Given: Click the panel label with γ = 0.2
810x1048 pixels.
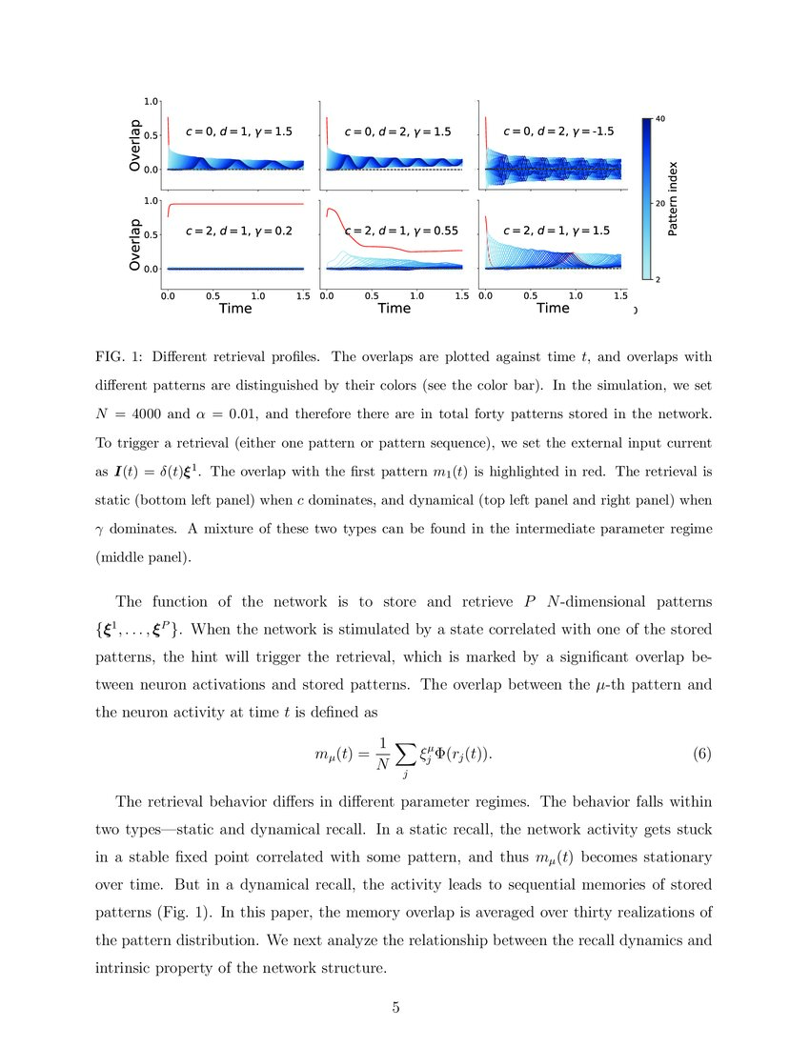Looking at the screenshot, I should pos(233,231).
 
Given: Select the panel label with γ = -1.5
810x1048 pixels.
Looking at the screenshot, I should pos(558,131).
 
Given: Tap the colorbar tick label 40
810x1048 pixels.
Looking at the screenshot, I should pos(660,118).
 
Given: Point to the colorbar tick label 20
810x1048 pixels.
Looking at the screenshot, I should pos(660,204).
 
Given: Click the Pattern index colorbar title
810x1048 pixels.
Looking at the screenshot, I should pos(673,199).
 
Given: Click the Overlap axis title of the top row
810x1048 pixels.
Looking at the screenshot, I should pos(134,145).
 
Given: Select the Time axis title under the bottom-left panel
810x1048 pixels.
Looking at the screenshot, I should pos(235,309).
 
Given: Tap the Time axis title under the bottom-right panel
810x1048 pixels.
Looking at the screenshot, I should pos(553,309).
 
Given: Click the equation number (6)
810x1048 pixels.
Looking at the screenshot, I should pos(702,755).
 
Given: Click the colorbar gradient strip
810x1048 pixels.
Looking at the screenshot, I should pos(647,199).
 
